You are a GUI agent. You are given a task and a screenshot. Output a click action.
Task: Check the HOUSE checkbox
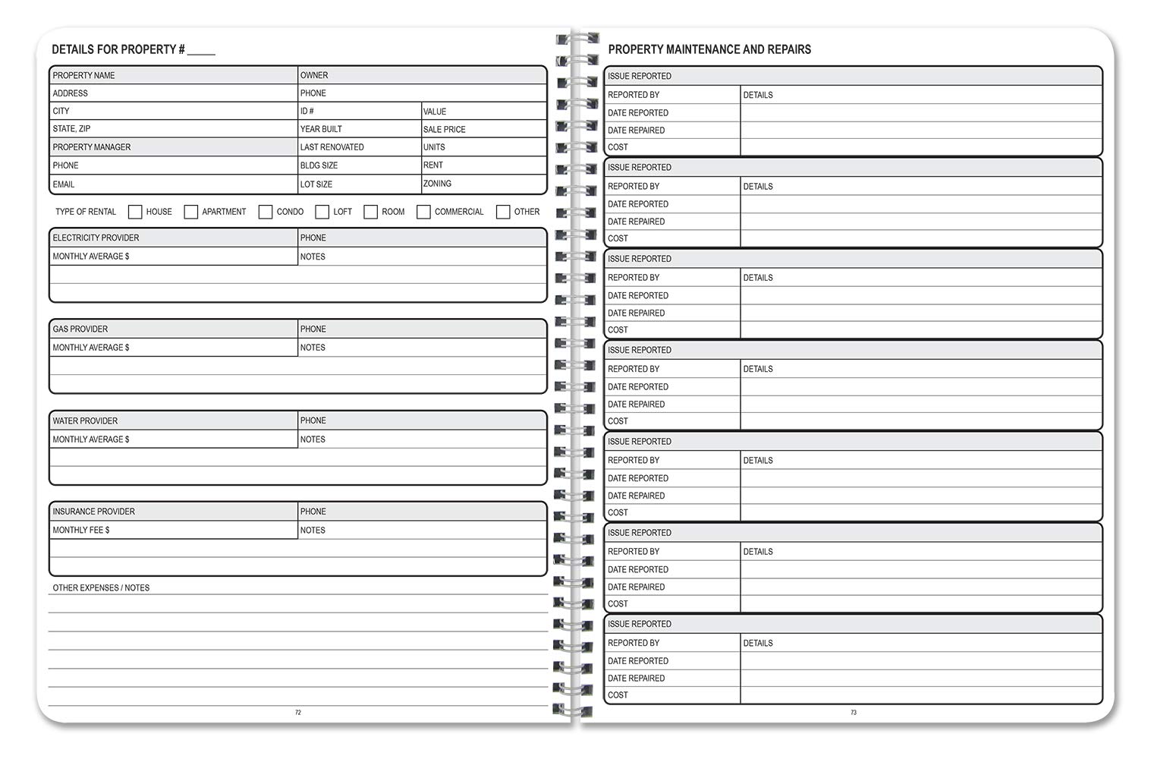click(x=135, y=212)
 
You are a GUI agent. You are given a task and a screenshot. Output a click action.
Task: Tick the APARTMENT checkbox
click(x=191, y=212)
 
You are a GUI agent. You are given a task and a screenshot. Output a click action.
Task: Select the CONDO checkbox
click(x=266, y=212)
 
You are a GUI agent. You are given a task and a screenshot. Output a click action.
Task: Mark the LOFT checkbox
click(x=322, y=212)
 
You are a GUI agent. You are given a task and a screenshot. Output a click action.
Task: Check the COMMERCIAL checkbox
click(x=423, y=212)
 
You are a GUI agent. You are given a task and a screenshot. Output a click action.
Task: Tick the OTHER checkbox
click(x=503, y=212)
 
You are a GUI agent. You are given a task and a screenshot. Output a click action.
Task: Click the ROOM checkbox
click(x=370, y=212)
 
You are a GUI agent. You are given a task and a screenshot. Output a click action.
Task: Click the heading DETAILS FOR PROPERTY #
click(x=118, y=50)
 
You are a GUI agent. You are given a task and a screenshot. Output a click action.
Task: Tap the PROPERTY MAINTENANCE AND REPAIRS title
click(x=709, y=50)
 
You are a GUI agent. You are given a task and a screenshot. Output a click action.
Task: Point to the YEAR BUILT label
click(x=321, y=129)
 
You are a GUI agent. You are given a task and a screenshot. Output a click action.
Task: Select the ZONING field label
click(x=437, y=184)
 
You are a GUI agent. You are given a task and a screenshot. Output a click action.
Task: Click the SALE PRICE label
click(x=444, y=129)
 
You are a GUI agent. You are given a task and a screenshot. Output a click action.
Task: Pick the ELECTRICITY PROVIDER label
click(x=96, y=238)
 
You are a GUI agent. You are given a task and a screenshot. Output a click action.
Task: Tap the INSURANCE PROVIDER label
click(x=93, y=512)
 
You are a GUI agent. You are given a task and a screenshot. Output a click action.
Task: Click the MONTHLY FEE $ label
click(x=81, y=531)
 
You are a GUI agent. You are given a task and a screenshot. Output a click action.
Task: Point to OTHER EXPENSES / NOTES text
click(x=101, y=588)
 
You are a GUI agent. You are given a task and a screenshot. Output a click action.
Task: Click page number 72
click(x=298, y=713)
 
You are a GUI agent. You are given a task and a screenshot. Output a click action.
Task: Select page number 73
click(x=854, y=713)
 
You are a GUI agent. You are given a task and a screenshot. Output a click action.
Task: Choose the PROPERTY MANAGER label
click(x=92, y=147)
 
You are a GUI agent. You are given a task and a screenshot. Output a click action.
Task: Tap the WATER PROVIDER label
click(x=85, y=420)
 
